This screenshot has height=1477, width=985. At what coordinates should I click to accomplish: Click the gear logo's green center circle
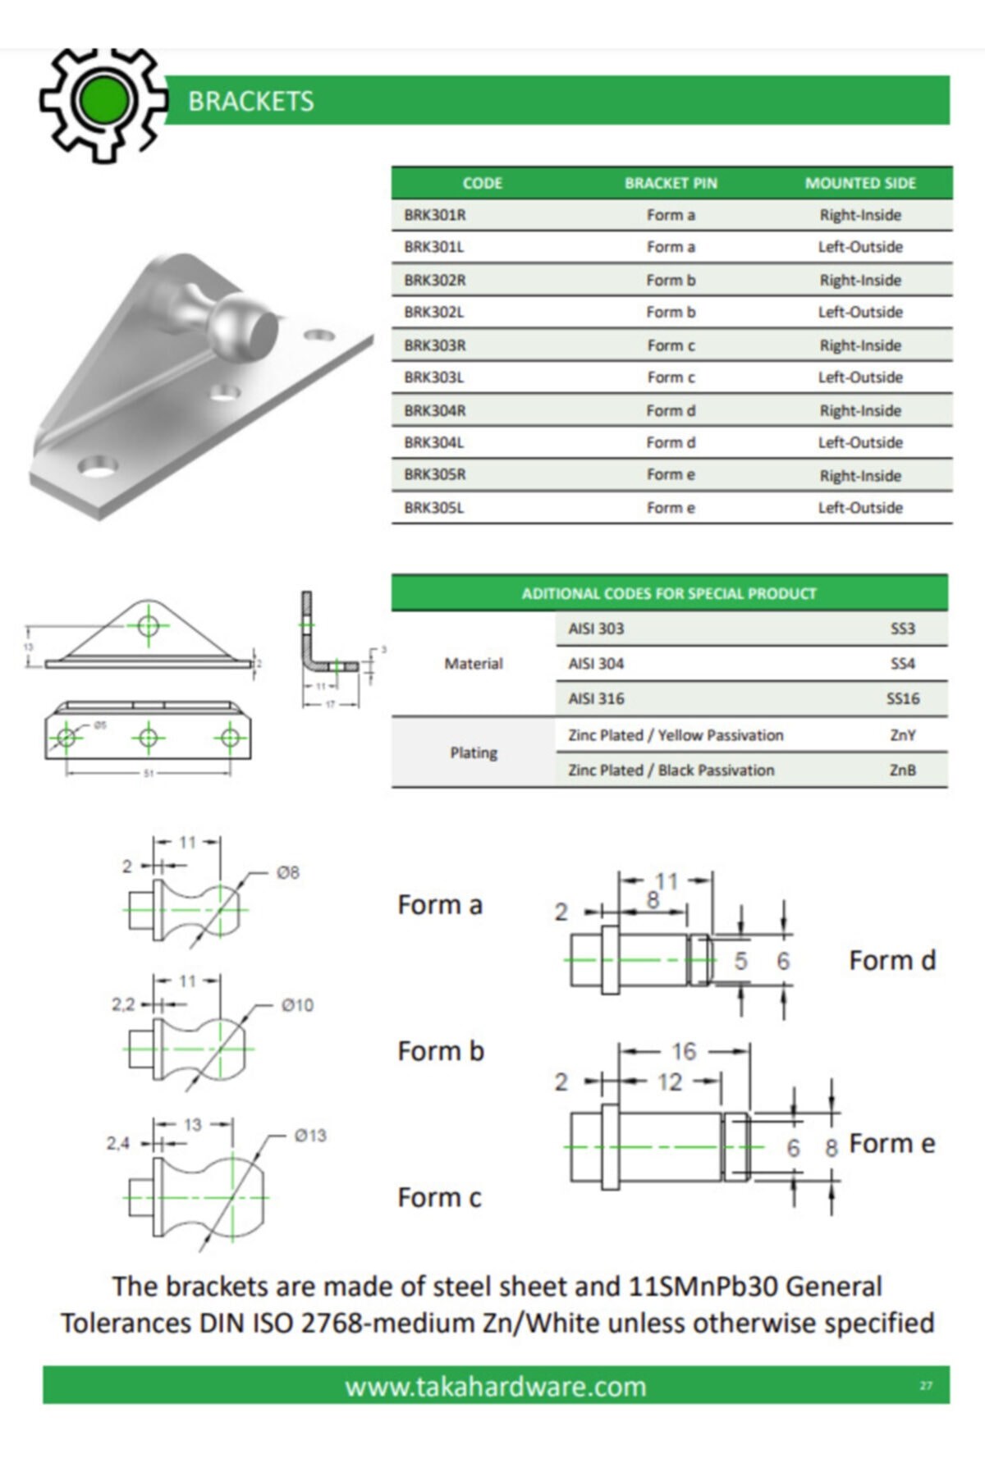tap(103, 98)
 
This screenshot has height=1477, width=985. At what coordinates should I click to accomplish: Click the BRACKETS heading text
tap(250, 101)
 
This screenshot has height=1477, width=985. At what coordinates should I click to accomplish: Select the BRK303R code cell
tap(434, 345)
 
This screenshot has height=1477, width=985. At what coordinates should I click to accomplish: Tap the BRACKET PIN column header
tap(671, 183)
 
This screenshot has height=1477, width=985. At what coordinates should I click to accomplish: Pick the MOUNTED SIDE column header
tap(859, 183)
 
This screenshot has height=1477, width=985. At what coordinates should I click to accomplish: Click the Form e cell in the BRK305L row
tap(671, 508)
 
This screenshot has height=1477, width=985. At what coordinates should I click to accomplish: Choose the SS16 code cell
tap(902, 698)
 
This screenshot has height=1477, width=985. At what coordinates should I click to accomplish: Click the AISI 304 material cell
tap(596, 663)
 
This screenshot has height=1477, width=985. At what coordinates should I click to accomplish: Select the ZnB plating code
tap(902, 770)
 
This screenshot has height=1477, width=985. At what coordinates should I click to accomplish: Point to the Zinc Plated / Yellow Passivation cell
tap(676, 735)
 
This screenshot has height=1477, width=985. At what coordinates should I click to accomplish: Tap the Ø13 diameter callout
tap(310, 1136)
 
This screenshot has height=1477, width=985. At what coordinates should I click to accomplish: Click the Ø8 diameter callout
tap(287, 872)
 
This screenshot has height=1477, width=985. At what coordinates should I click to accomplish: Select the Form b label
tap(441, 1051)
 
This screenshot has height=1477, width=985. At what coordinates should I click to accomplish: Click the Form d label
tap(892, 960)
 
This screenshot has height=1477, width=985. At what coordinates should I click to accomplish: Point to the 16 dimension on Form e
tap(683, 1051)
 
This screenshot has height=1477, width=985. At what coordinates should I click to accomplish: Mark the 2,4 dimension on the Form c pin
tap(118, 1143)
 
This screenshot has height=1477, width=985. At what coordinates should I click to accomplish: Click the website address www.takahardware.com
tap(495, 1387)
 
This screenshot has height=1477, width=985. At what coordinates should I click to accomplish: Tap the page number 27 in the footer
tap(926, 1386)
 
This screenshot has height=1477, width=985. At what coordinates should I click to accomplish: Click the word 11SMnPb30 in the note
tap(703, 1286)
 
